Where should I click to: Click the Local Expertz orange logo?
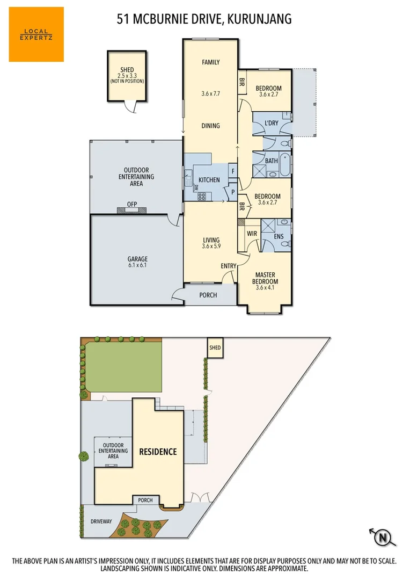36,34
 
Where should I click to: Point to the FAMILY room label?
210,62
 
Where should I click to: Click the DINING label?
210,126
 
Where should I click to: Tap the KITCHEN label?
209,180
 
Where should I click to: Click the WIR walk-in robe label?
251,234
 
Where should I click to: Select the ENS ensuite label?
279,236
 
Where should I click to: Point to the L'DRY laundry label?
272,124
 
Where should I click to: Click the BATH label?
272,161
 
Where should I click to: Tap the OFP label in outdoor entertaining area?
132,204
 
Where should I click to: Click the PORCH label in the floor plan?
208,295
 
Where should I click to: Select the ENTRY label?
229,266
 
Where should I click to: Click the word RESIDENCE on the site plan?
158,452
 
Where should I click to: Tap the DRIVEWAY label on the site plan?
100,521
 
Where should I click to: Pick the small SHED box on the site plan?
215,348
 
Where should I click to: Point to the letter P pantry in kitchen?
233,191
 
